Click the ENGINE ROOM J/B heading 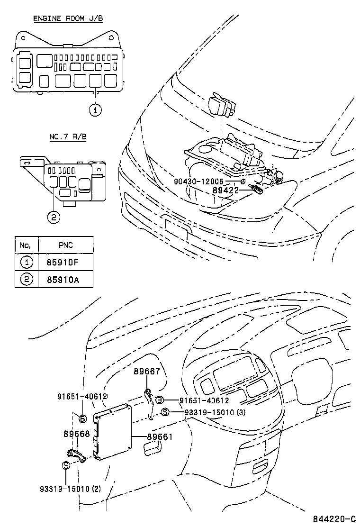67,18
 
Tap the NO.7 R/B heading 67,137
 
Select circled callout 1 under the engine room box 95,110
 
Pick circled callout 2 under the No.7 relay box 54,217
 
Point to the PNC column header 65,245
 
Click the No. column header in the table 26,245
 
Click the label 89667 146,372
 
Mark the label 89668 76,434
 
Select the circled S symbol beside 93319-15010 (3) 165,412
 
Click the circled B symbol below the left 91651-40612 82,418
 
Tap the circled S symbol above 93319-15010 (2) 66,465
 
